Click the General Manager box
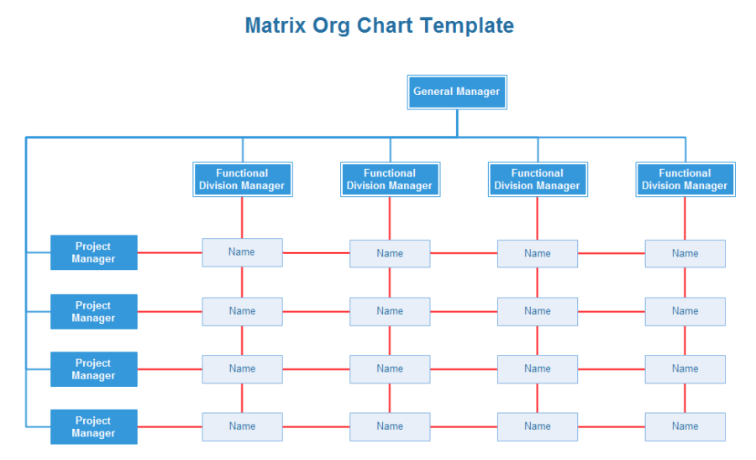tap(457, 93)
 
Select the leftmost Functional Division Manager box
tap(242, 180)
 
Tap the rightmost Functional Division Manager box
tap(685, 180)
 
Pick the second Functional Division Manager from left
tap(390, 180)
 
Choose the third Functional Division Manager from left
tap(538, 180)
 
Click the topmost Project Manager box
tap(93, 252)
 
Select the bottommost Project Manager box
tap(93, 427)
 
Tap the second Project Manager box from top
tap(93, 311)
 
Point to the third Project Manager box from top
tap(93, 369)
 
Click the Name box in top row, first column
tap(242, 252)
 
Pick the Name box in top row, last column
tap(685, 253)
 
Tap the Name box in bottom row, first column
tap(242, 426)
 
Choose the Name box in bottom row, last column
tap(685, 426)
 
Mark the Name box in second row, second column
tap(390, 311)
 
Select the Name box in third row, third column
tap(538, 368)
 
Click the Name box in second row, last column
tap(685, 311)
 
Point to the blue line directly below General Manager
tap(457, 123)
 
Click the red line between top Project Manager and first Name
tap(169, 252)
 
